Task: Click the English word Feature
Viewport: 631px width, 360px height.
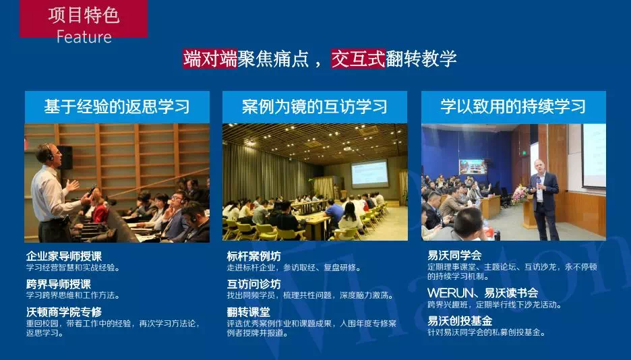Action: pyautogui.click(x=84, y=36)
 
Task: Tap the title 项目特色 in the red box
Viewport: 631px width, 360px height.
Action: pyautogui.click(x=84, y=16)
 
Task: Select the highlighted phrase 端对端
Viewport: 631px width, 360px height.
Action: pyautogui.click(x=210, y=59)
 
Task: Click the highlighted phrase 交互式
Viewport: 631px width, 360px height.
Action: pyautogui.click(x=358, y=59)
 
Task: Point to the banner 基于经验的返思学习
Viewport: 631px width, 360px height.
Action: pyautogui.click(x=117, y=107)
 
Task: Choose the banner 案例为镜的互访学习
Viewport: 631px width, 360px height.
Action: pyautogui.click(x=315, y=107)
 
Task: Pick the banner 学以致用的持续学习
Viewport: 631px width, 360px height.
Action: pyautogui.click(x=514, y=107)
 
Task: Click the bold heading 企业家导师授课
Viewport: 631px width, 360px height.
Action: pyautogui.click(x=64, y=256)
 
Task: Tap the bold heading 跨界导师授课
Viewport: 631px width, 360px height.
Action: pyautogui.click(x=59, y=284)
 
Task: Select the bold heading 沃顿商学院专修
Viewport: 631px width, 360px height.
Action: pyautogui.click(x=64, y=311)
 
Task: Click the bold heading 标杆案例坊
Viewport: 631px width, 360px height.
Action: pyautogui.click(x=253, y=256)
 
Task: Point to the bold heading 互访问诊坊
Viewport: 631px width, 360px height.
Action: pyautogui.click(x=253, y=284)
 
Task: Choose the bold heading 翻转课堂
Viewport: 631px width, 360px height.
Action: pyautogui.click(x=248, y=311)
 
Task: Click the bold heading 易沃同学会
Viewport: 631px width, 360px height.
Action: pyautogui.click(x=454, y=256)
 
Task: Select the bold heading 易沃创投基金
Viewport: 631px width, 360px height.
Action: pyautogui.click(x=460, y=321)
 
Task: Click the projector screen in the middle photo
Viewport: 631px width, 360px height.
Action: pyautogui.click(x=370, y=173)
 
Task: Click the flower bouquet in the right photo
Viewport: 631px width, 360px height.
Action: pyautogui.click(x=519, y=194)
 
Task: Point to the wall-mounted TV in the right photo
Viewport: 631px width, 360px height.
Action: pyautogui.click(x=473, y=167)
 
